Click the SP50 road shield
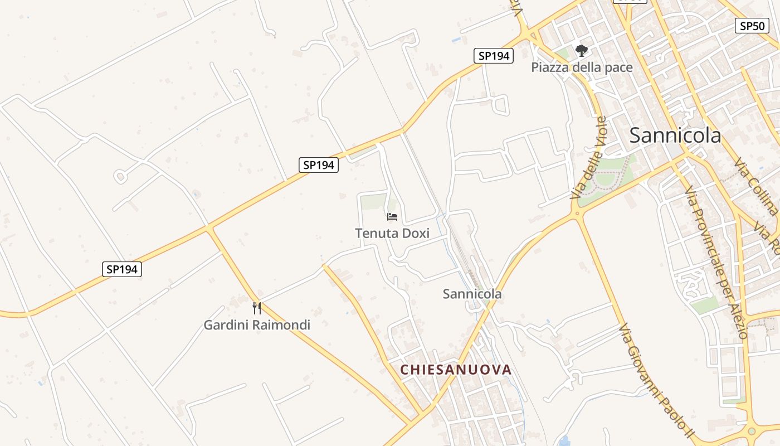click(752, 26)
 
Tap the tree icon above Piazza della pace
click(582, 51)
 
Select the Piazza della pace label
click(582, 67)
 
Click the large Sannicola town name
click(675, 135)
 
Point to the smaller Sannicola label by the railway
click(472, 294)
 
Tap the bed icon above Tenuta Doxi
click(392, 217)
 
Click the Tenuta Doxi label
click(392, 233)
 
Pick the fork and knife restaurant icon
click(257, 308)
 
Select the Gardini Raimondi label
click(257, 325)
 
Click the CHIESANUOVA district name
click(456, 370)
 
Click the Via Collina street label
click(756, 186)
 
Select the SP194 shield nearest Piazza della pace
click(494, 56)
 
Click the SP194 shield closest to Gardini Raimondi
click(123, 269)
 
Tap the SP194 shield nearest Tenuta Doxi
click(319, 165)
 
